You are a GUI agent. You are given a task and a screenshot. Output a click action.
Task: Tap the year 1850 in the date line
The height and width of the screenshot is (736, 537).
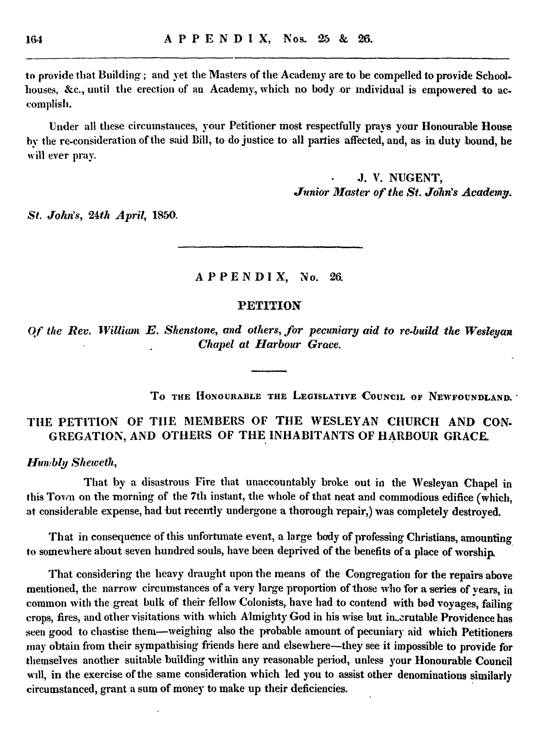pos(164,215)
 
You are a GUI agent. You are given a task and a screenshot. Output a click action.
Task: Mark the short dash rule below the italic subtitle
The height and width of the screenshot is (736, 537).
pos(269,371)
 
